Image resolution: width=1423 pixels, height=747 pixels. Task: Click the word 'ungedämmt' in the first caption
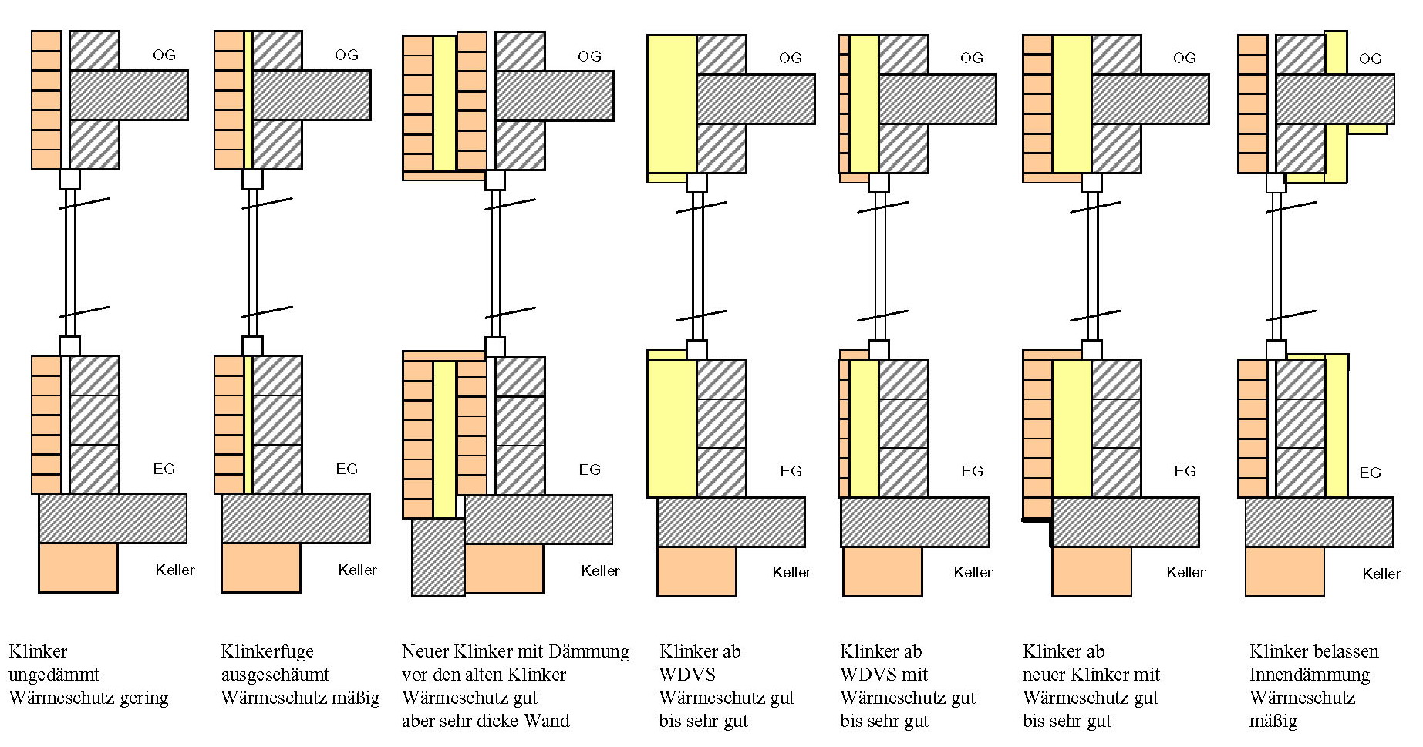point(53,675)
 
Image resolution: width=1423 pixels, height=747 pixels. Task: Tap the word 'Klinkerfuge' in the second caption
point(267,652)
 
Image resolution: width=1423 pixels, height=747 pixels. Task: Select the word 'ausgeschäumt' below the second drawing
point(275,675)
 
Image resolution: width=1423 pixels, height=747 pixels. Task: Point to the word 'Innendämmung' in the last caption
point(1309,675)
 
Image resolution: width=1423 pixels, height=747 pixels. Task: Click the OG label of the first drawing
point(164,55)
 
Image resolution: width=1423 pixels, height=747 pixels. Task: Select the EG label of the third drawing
point(589,469)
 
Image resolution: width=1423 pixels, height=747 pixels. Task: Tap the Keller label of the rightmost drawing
point(1381,574)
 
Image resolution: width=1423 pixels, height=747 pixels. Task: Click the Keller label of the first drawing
point(175,570)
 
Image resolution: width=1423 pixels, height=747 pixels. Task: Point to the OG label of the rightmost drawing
point(1370,59)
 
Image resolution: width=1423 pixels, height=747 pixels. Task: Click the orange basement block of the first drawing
point(78,567)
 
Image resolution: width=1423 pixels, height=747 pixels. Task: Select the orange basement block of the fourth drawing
point(696,571)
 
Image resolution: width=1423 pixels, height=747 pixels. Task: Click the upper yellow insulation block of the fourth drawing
point(672,103)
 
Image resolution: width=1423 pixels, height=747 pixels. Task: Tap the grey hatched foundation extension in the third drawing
point(437,557)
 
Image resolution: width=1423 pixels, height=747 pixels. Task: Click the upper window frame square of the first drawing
point(69,179)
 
